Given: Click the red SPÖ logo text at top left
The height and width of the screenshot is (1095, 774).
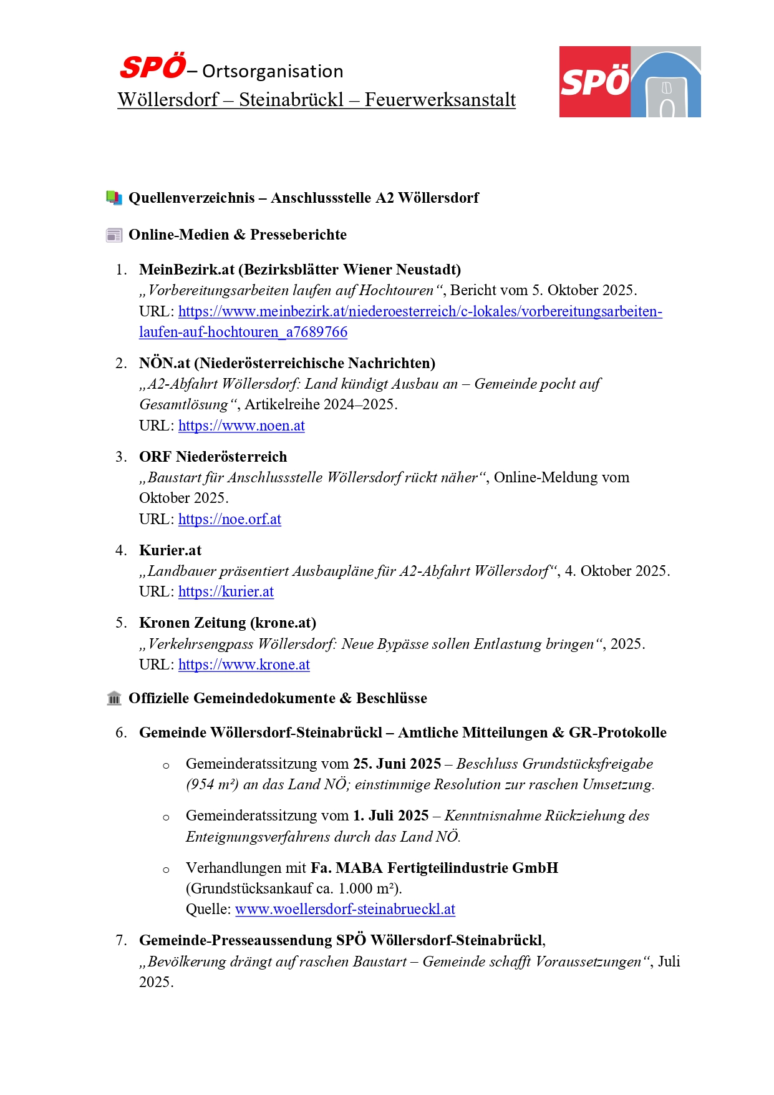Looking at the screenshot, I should coord(153,67).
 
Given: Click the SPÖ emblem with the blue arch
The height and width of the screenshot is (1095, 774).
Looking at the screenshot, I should coord(630,82).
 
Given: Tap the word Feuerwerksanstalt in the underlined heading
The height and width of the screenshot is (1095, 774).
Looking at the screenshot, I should coord(440,100).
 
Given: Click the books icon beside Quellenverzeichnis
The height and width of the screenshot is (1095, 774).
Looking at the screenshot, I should coord(114,198).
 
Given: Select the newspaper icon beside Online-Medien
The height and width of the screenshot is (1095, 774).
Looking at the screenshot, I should coord(114,235).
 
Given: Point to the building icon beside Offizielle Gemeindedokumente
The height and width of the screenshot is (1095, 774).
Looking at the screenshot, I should coord(114,698).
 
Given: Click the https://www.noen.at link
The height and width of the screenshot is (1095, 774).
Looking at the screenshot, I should coord(241,426).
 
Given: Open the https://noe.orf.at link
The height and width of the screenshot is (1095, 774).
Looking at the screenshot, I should coord(230,519).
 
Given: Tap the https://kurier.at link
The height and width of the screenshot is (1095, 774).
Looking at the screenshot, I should coord(226,591).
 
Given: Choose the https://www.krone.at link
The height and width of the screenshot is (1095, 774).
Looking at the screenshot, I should coord(244,664).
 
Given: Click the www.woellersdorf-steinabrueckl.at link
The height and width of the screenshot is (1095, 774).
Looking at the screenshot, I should coord(345,909).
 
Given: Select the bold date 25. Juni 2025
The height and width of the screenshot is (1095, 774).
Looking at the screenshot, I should coord(397,764).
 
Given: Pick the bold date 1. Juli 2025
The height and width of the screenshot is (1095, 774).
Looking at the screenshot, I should coord(390,815).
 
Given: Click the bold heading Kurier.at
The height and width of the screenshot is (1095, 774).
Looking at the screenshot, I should coord(170,550).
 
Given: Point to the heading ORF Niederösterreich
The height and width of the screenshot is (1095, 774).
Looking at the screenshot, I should coord(213,457).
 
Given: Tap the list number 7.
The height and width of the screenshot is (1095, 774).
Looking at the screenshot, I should coord(121,940).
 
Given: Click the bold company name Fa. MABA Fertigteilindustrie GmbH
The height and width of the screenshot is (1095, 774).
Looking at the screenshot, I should coord(434,868).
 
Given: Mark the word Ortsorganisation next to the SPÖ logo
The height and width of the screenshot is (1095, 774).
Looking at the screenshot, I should coord(273,72).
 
